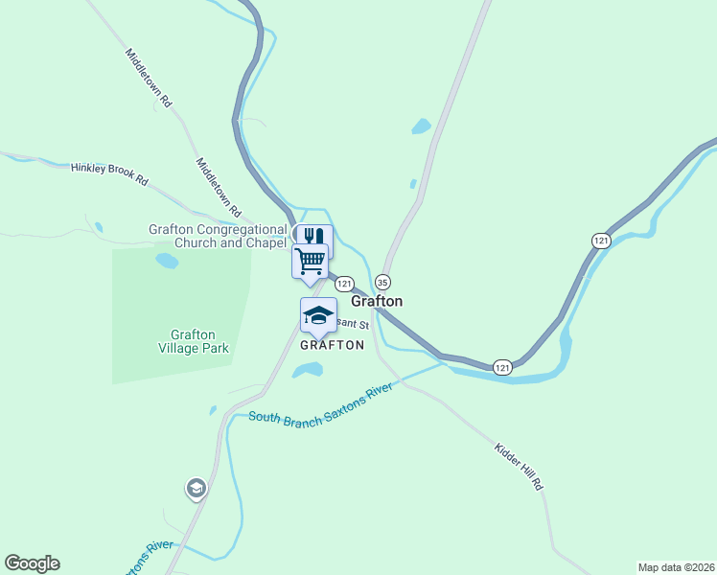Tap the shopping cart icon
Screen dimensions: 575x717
(x=310, y=260)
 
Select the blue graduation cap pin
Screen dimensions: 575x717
(x=318, y=313)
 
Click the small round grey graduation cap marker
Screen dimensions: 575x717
(x=197, y=489)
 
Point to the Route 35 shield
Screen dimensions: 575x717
(x=382, y=282)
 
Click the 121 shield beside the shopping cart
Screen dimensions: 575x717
(x=344, y=284)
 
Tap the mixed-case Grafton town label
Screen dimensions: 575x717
(x=377, y=301)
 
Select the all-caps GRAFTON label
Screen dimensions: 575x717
(x=333, y=345)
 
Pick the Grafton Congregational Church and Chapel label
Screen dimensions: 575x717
(x=218, y=236)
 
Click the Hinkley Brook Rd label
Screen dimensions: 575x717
(x=110, y=173)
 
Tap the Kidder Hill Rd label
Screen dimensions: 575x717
(x=519, y=467)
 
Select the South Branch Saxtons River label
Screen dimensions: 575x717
(x=321, y=405)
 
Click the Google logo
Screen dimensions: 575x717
(x=32, y=563)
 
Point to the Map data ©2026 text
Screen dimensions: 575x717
(x=675, y=567)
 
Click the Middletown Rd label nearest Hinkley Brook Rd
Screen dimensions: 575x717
(x=218, y=186)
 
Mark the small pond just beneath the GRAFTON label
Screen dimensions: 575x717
(x=308, y=371)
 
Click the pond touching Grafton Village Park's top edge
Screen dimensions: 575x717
(x=167, y=261)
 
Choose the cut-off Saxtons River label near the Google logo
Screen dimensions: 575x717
(x=146, y=559)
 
